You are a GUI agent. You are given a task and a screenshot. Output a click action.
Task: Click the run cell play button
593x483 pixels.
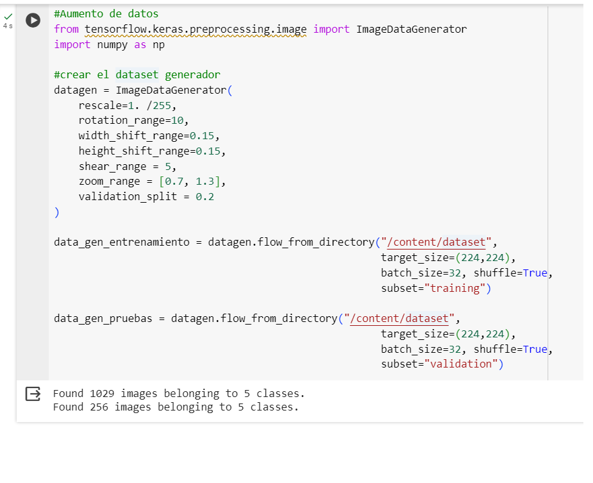(33, 20)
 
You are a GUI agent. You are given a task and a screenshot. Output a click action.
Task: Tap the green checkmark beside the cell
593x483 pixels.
(8, 16)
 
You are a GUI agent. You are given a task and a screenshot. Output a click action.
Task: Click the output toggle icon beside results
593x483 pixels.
(33, 394)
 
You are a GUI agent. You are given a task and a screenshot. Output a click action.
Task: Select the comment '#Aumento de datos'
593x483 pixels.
(106, 14)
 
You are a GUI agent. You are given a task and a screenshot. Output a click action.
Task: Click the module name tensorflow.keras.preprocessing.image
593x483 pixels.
(196, 30)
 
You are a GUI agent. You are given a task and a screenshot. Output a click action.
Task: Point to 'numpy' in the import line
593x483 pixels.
(112, 45)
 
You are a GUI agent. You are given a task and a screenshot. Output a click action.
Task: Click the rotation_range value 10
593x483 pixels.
(177, 121)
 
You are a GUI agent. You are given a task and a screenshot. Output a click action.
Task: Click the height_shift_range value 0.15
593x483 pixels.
(208, 151)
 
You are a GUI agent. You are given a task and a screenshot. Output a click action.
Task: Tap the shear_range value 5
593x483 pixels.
(168, 167)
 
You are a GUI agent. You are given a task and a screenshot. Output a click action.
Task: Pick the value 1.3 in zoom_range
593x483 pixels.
(205, 182)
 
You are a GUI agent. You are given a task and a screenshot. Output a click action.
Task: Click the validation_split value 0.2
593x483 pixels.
(205, 197)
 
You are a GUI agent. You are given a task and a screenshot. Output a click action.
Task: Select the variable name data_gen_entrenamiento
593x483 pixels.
(122, 242)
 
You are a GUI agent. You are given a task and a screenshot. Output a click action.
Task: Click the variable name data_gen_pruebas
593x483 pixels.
(103, 319)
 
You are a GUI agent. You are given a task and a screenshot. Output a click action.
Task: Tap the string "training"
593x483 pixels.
(455, 289)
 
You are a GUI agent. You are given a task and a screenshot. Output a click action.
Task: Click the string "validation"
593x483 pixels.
(461, 364)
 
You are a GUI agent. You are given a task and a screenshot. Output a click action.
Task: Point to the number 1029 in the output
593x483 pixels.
(102, 394)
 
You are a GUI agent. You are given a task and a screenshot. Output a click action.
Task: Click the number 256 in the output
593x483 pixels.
(99, 407)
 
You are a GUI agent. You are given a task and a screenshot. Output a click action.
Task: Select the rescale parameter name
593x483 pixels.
(100, 106)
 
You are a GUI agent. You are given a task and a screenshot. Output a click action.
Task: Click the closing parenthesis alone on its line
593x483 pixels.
(56, 212)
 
